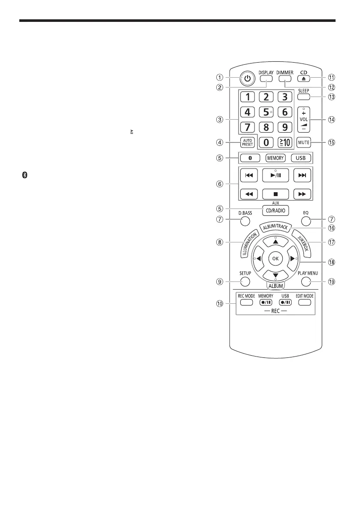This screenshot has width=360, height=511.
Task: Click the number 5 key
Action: point(266,112)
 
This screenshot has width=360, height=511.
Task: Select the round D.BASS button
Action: point(245,221)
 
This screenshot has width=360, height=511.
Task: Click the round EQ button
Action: point(305,221)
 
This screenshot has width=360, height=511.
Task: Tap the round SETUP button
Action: point(245,281)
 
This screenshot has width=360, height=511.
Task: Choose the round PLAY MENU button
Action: point(305,281)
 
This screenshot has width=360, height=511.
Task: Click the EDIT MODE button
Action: point(305,302)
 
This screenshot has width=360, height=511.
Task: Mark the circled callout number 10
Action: point(220,304)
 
